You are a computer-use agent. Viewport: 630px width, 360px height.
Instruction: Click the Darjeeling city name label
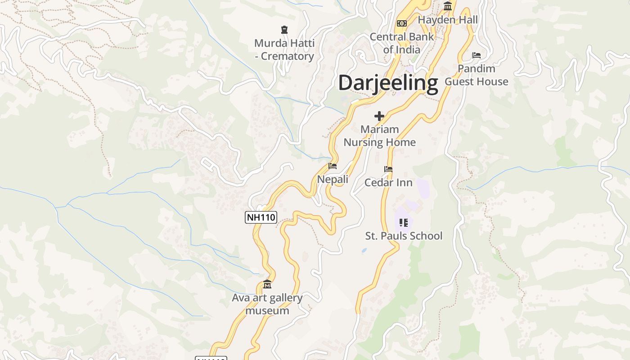click(388, 83)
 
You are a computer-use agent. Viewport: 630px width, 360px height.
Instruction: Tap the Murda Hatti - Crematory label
click(284, 50)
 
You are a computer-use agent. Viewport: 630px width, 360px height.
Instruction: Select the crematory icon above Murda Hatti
click(284, 30)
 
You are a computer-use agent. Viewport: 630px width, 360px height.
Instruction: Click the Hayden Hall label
click(448, 20)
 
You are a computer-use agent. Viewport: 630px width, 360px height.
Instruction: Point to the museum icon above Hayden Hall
click(448, 6)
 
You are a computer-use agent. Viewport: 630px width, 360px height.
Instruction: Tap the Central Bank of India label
click(402, 43)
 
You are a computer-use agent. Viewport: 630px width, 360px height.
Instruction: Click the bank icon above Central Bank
click(402, 23)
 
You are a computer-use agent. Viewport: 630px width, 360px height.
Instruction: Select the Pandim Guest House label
click(477, 75)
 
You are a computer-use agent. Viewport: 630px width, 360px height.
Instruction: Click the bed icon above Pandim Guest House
click(477, 55)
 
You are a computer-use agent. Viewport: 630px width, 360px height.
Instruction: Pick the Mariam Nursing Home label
click(379, 136)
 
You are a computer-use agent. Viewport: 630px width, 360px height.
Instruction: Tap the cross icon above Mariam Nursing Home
click(379, 116)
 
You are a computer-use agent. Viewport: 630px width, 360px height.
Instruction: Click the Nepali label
click(333, 179)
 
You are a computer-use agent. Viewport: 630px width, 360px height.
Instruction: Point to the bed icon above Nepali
click(333, 166)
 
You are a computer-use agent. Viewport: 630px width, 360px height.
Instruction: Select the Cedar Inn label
click(388, 182)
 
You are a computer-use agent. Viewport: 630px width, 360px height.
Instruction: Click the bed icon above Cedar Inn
click(388, 169)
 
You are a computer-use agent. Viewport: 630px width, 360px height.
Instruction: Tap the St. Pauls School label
click(404, 236)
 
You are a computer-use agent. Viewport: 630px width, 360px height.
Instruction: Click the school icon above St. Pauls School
click(404, 222)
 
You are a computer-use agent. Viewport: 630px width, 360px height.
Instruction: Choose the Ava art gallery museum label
click(267, 304)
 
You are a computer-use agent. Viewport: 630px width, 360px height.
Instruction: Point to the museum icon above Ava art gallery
click(267, 284)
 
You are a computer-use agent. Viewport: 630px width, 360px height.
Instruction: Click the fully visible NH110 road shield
click(261, 217)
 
